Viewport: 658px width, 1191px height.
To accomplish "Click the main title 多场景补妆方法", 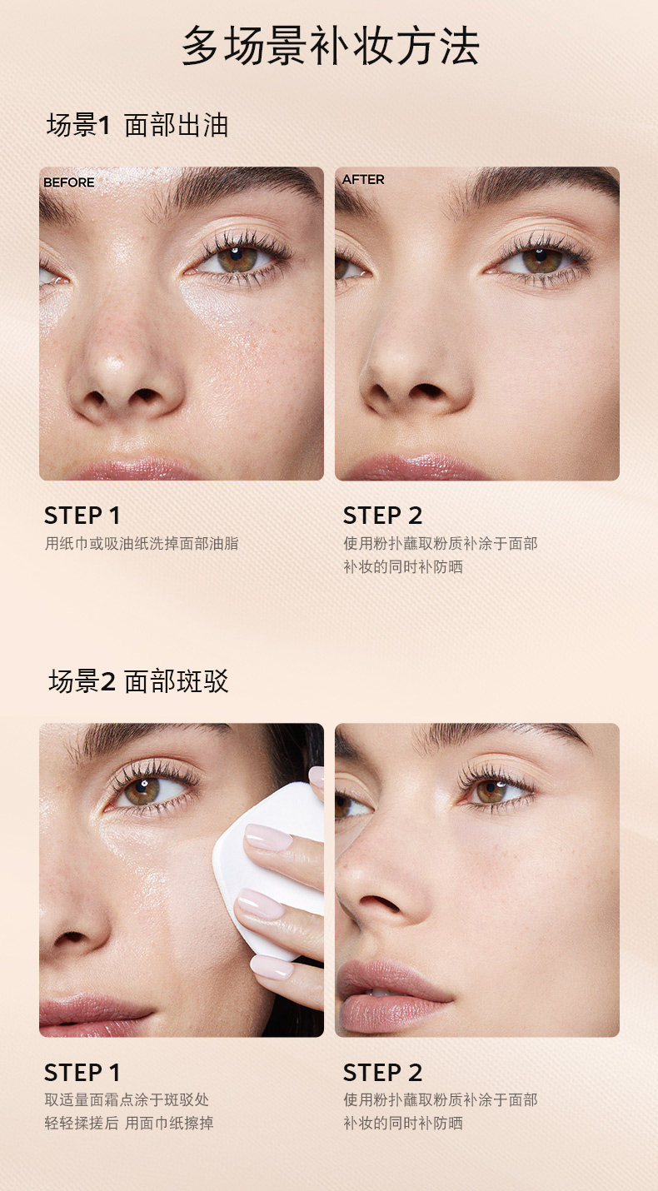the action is click(331, 46).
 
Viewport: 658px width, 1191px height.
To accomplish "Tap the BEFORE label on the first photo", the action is click(68, 182).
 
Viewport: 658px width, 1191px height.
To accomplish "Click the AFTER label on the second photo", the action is click(363, 180).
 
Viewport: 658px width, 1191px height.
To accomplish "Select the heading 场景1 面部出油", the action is click(137, 126).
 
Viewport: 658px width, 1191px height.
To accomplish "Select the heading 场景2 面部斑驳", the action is click(138, 681).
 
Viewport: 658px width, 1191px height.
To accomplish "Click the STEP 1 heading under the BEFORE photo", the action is click(82, 516).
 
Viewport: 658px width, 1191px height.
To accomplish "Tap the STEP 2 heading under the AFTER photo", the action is click(382, 516).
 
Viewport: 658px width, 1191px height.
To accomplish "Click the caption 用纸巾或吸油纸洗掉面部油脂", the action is click(142, 543).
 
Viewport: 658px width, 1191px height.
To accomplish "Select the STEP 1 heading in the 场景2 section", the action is click(82, 1073).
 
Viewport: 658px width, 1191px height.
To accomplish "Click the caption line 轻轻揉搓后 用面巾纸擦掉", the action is click(129, 1124).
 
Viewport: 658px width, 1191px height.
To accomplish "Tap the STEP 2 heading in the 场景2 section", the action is click(382, 1073).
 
